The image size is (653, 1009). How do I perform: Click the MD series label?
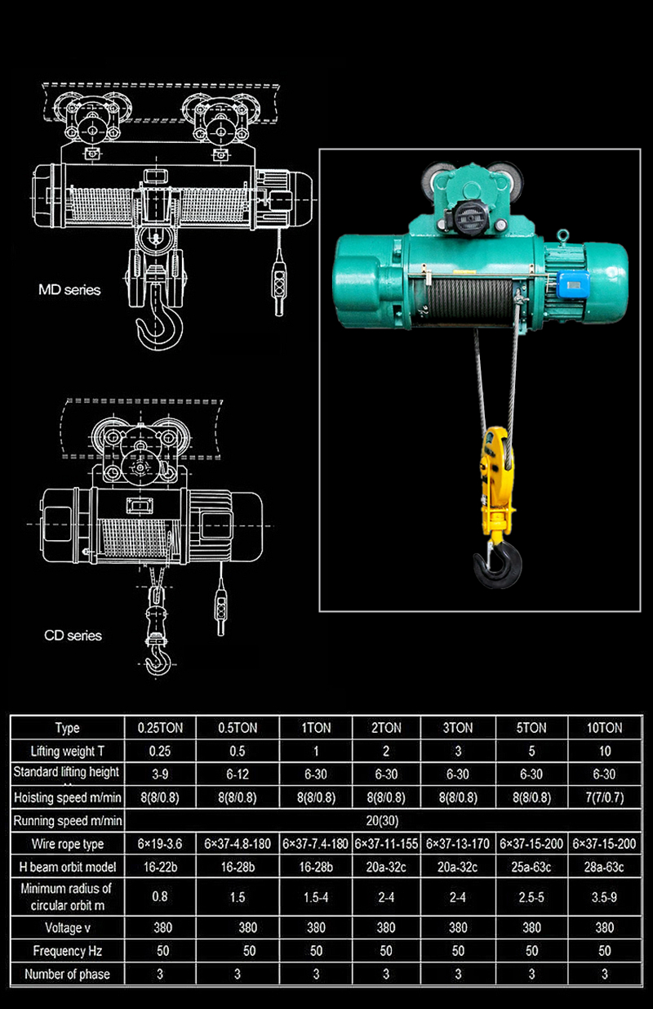pos(70,289)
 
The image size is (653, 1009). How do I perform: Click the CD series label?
pos(73,635)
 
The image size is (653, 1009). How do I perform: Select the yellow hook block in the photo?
pos(496,478)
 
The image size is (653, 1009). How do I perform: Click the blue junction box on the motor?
pos(575,284)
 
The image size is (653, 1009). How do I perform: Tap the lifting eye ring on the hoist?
pos(563,236)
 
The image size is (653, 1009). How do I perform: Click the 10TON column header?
pos(604,727)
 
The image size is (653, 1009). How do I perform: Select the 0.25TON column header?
pos(160,727)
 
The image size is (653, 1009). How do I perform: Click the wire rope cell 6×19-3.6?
pos(160,843)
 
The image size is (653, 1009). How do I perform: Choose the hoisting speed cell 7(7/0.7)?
pos(604,797)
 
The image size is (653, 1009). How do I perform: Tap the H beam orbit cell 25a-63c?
pos(531,866)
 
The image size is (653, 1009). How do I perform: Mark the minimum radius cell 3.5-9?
pos(604,896)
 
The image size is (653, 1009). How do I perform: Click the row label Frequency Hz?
pos(67,951)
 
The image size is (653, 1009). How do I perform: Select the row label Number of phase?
pos(67,974)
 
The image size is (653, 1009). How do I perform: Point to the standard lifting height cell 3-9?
pos(160,774)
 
